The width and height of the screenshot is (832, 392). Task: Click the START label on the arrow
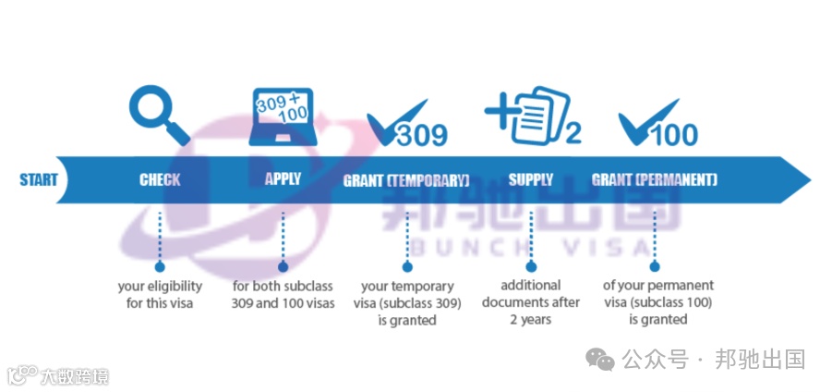pos(38,179)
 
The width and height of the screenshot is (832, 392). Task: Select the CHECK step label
pos(160,179)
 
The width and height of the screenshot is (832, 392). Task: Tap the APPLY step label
pos(283,178)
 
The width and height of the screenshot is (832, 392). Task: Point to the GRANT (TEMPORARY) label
pos(406,179)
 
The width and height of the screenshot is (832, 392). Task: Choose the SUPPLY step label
pos(531,179)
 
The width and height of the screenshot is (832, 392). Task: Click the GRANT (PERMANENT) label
pos(654,179)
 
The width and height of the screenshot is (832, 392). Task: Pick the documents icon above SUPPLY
pos(523,116)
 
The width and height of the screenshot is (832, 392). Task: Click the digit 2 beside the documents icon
pos(573,134)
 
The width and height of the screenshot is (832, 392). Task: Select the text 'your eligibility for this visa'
pos(160,294)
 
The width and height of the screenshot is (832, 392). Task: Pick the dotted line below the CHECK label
pos(160,238)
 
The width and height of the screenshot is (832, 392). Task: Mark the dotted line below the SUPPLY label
pos(531,238)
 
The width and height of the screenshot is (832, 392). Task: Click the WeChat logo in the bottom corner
pos(602,359)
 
